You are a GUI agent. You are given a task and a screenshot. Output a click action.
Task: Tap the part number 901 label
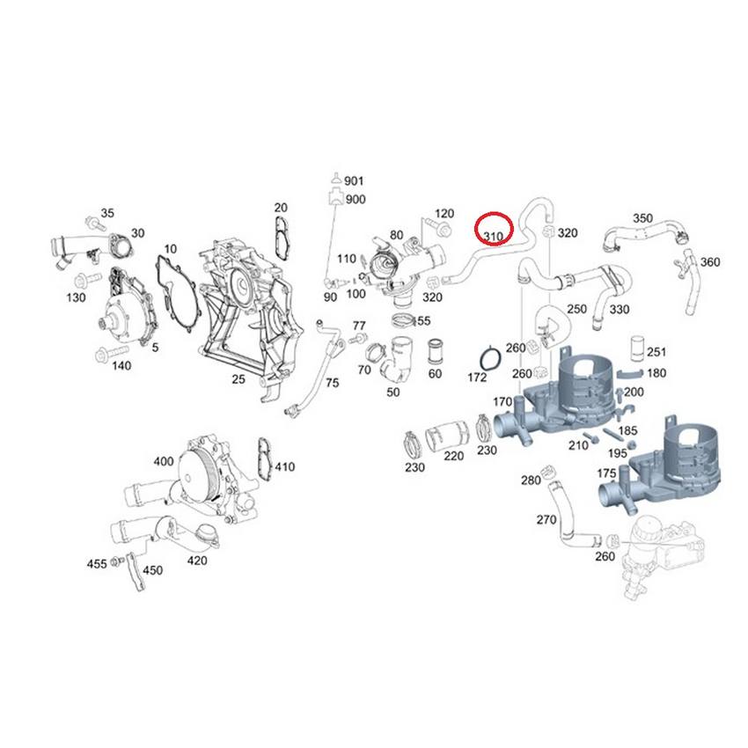354,180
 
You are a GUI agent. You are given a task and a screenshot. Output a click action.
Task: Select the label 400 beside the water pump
164,461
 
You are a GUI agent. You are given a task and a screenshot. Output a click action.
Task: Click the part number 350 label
643,217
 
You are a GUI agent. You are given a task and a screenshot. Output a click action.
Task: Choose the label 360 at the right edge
709,262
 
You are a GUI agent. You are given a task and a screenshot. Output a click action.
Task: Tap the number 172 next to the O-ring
476,378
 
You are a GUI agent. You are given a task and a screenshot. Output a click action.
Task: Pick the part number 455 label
97,562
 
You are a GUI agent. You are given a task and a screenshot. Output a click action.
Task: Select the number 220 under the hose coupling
453,456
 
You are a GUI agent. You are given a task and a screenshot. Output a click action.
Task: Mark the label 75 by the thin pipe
331,383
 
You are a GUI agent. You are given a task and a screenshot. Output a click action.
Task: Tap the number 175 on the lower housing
605,473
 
